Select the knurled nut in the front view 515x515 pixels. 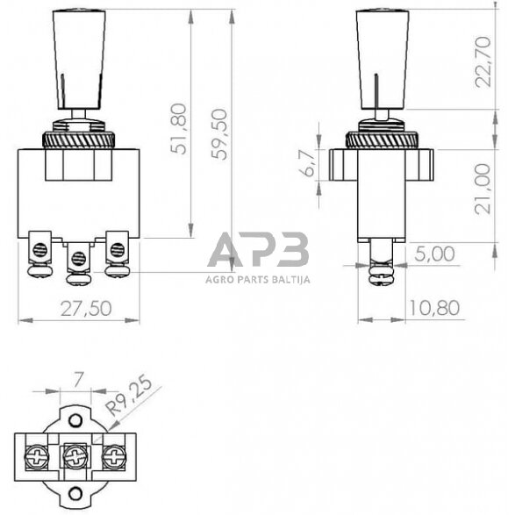79,139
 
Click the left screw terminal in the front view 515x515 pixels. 39,250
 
